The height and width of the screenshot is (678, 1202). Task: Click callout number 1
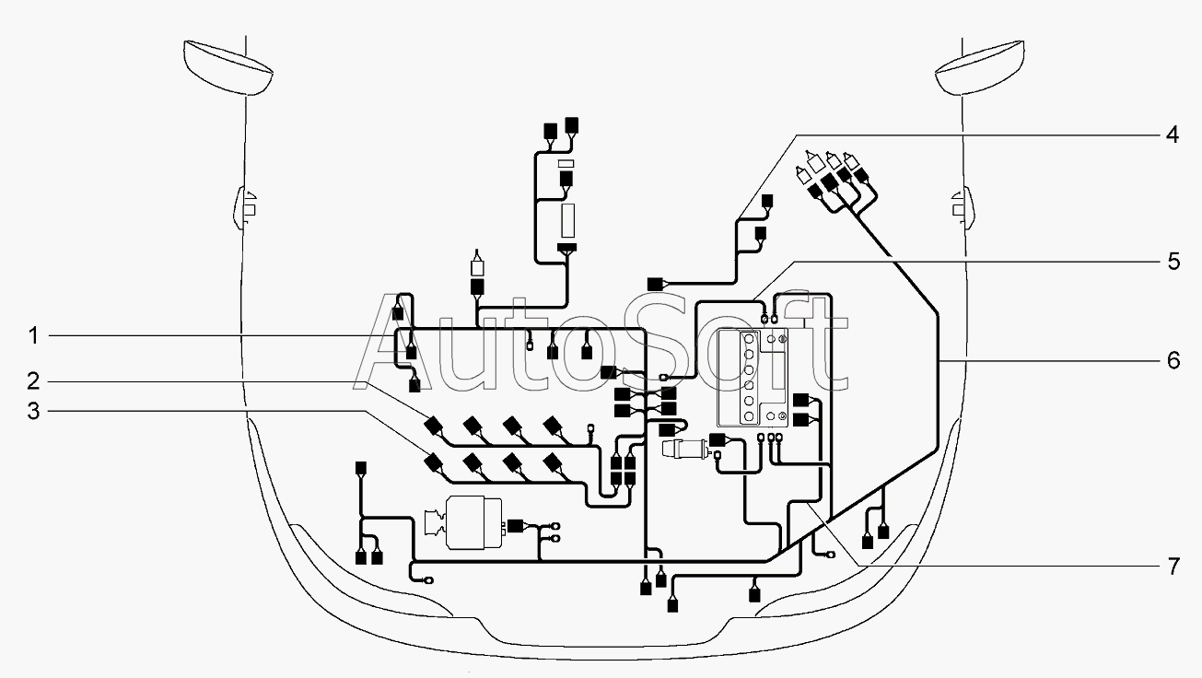pyautogui.click(x=33, y=336)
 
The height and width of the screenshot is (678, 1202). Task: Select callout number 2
pyautogui.click(x=33, y=381)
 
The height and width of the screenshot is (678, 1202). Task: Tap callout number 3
pyautogui.click(x=33, y=411)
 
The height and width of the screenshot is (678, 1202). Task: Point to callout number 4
pyautogui.click(x=1173, y=134)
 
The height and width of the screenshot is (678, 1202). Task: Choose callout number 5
pyautogui.click(x=1173, y=262)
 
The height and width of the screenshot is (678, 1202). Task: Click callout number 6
pyautogui.click(x=1173, y=360)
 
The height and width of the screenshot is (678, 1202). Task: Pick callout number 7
pyautogui.click(x=1173, y=566)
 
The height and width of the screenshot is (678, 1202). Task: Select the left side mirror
pyautogui.click(x=245, y=207)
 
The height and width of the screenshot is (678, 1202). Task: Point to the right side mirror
pyautogui.click(x=963, y=207)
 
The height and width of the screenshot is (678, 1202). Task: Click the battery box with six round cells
pyautogui.click(x=753, y=378)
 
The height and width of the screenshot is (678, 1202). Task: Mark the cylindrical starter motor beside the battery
pyautogui.click(x=688, y=449)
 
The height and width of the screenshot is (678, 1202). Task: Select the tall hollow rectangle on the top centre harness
pyautogui.click(x=567, y=220)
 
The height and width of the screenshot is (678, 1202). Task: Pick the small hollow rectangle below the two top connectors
pyautogui.click(x=566, y=163)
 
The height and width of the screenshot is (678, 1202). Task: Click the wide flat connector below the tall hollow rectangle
pyautogui.click(x=566, y=248)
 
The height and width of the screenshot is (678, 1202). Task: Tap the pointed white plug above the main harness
pyautogui.click(x=477, y=263)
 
